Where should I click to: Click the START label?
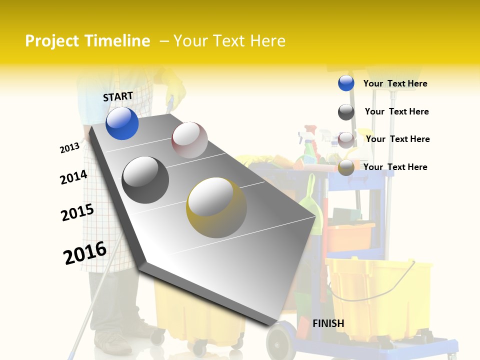click(x=118, y=96)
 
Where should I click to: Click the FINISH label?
click(x=328, y=323)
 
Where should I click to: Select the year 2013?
click(x=69, y=148)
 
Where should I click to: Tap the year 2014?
click(x=73, y=177)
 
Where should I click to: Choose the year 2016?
click(x=85, y=253)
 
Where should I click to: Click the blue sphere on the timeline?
click(x=122, y=123)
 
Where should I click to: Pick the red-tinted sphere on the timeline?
click(x=189, y=140)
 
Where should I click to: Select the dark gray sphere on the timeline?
click(x=145, y=179)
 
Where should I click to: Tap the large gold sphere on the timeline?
click(x=216, y=207)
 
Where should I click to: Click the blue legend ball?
click(x=346, y=83)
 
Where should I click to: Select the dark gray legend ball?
click(x=346, y=112)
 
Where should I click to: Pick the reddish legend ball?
click(x=346, y=139)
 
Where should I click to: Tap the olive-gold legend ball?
click(x=346, y=167)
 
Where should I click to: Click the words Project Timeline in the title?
click(x=87, y=41)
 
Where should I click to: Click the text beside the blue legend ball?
click(x=395, y=83)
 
